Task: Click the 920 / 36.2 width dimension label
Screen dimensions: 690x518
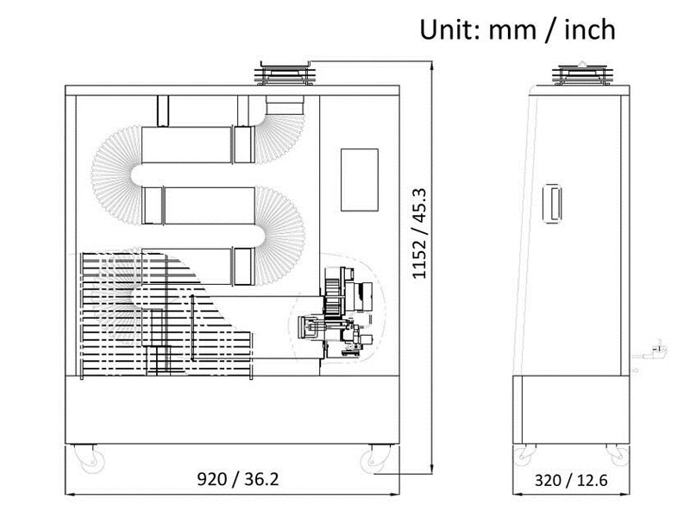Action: pos(238,479)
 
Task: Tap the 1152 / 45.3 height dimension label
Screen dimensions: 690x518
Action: pos(419,233)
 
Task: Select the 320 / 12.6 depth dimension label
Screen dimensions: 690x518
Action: pos(571,480)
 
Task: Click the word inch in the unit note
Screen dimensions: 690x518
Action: pos(590,30)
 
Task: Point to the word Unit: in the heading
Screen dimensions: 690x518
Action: pos(449,30)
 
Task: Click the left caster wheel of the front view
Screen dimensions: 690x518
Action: pos(90,459)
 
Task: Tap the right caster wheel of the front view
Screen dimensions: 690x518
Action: pos(373,459)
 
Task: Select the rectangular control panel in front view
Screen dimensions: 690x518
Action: pos(360,180)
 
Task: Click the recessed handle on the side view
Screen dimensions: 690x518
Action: pos(553,203)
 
